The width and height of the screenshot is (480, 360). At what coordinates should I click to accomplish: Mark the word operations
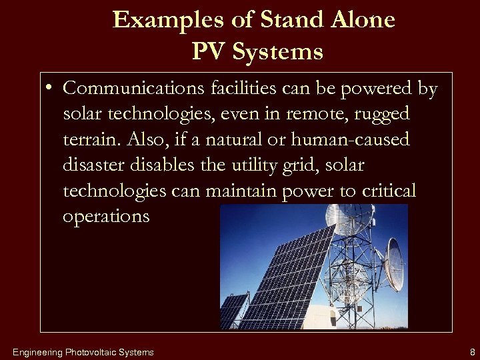point(107,217)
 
